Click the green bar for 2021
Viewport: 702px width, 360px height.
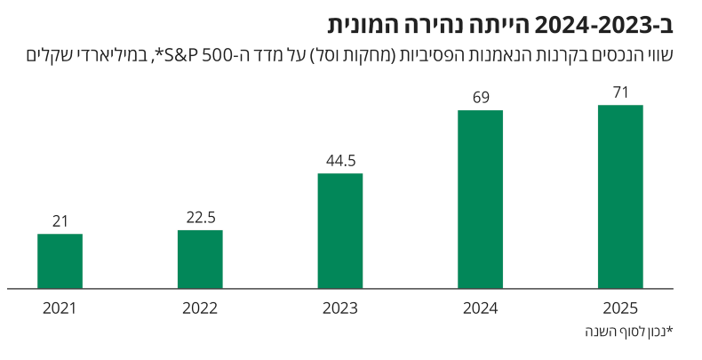click(60, 261)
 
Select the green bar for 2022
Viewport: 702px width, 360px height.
click(200, 260)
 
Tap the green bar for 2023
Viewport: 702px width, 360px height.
click(340, 231)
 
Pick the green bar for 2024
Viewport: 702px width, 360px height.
click(480, 199)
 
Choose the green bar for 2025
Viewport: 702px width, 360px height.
click(620, 196)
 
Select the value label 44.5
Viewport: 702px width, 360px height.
click(340, 161)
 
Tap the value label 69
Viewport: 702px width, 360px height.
click(480, 97)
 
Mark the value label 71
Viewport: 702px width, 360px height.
click(620, 92)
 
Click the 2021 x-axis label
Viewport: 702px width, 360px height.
click(60, 309)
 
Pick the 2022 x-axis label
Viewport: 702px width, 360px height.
click(200, 309)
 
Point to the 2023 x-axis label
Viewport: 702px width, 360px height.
click(340, 309)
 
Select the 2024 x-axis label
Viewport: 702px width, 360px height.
click(480, 309)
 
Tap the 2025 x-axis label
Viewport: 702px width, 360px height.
click(620, 309)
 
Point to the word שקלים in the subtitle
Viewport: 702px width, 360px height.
click(50, 56)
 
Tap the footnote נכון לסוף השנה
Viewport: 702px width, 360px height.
click(628, 332)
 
